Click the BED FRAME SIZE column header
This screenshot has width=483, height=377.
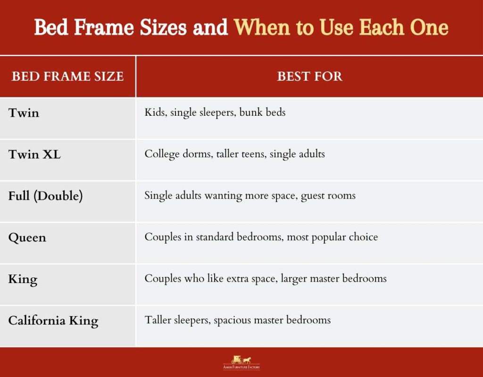67,77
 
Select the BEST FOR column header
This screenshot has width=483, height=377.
309,77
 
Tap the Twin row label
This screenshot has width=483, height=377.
24,113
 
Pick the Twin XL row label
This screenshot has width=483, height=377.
34,154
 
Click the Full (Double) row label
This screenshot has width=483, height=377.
45,196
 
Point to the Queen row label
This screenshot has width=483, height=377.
27,238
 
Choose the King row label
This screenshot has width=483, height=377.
23,279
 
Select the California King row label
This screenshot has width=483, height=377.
53,321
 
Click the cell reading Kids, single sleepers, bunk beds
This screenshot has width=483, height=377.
215,113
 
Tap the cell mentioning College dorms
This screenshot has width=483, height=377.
234,154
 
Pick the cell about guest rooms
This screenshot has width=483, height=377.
250,196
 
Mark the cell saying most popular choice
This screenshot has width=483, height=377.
261,237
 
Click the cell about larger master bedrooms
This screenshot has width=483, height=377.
266,279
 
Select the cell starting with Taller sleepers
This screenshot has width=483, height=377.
237,320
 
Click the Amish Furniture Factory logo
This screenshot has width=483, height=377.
241,362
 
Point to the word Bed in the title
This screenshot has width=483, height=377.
50,27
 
